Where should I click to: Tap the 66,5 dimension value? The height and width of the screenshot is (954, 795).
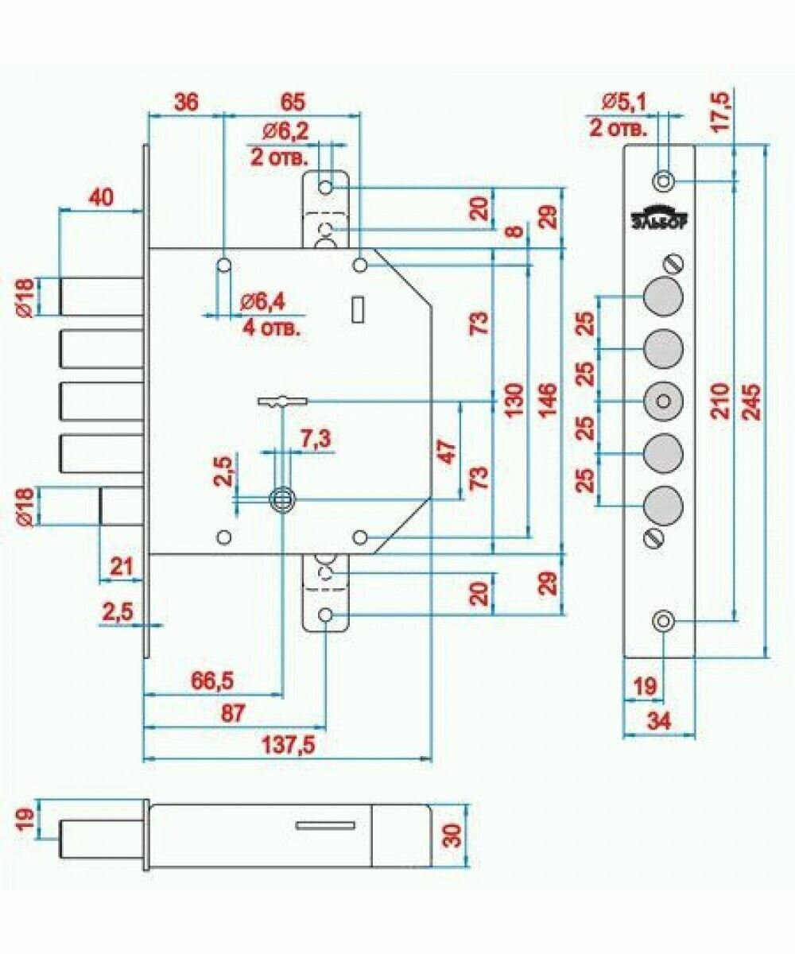pos(212,681)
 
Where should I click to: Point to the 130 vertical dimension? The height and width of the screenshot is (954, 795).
pos(513,404)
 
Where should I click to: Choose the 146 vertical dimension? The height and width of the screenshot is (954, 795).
pos(548,404)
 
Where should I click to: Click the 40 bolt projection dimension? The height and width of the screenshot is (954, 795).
pos(101,196)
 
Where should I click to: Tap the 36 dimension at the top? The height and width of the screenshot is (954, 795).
pos(184,102)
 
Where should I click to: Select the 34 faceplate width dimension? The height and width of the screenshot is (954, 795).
pos(659,721)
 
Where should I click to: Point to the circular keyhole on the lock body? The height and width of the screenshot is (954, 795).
pos(281,498)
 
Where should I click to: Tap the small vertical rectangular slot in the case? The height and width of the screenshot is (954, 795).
pos(358,309)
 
